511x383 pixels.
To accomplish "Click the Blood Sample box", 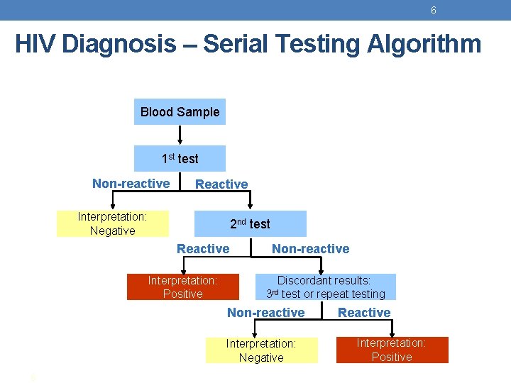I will tap(180, 112).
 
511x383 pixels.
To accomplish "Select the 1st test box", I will tap(180, 159).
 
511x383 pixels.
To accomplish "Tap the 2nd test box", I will tap(250, 224).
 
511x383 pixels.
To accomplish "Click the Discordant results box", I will tap(325, 287).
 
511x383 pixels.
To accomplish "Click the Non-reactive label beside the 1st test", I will tap(131, 184).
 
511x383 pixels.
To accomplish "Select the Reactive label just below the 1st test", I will tap(221, 184).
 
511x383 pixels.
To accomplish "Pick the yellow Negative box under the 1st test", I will tap(112, 223).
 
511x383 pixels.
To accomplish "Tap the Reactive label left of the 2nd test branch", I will tap(203, 249).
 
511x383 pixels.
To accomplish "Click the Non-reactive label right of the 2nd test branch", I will tap(311, 249).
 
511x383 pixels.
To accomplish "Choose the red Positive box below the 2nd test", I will tap(182, 287).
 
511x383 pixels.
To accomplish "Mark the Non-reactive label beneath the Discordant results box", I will tap(265, 313).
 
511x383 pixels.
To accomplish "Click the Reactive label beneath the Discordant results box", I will tap(364, 313).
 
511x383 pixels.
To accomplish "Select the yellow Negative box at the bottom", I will tap(261, 351).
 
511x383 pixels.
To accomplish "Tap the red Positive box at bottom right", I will tap(392, 350).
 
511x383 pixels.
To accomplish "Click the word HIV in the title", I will tap(35, 44).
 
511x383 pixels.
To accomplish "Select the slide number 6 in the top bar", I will tap(433, 10).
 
